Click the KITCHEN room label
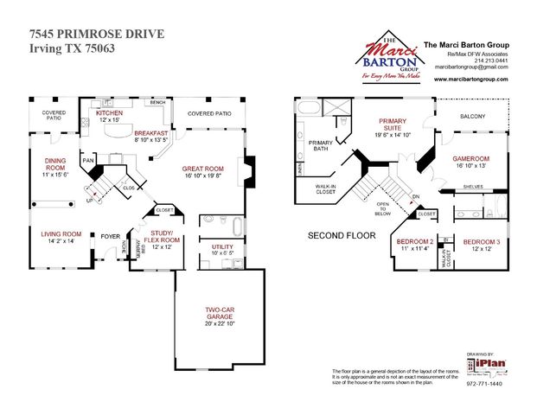pos(110,113)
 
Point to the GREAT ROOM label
pos(202,169)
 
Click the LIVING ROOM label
pos(61,233)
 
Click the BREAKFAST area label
pos(150,132)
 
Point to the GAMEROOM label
pos(471,159)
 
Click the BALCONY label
pos(472,117)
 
